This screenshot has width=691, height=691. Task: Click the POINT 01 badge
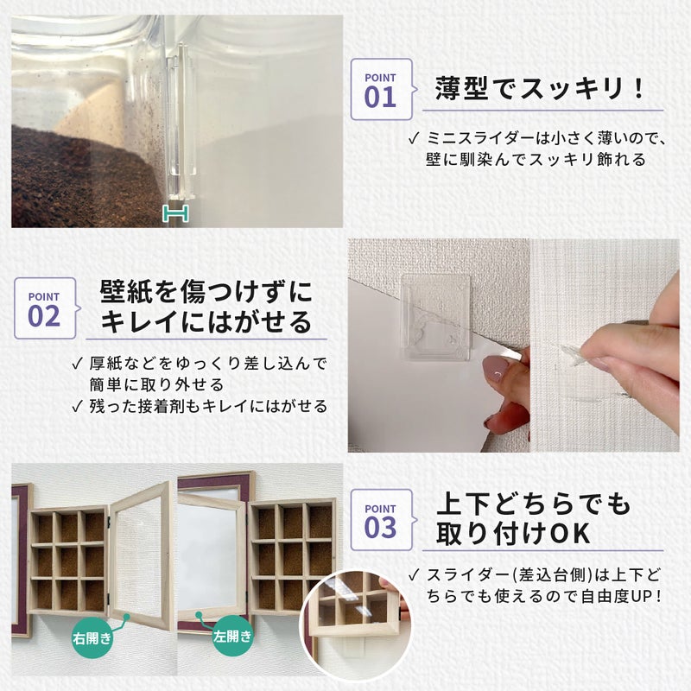click(x=380, y=88)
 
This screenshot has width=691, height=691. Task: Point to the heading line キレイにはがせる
click(x=206, y=322)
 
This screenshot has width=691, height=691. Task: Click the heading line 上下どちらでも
click(x=533, y=502)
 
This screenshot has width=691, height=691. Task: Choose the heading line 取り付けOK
click(x=513, y=533)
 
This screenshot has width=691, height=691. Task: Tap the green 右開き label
click(x=92, y=640)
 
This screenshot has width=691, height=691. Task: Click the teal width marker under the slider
click(x=175, y=213)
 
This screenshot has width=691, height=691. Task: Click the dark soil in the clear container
click(x=78, y=177)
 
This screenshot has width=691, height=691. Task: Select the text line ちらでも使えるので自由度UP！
click(x=544, y=595)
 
